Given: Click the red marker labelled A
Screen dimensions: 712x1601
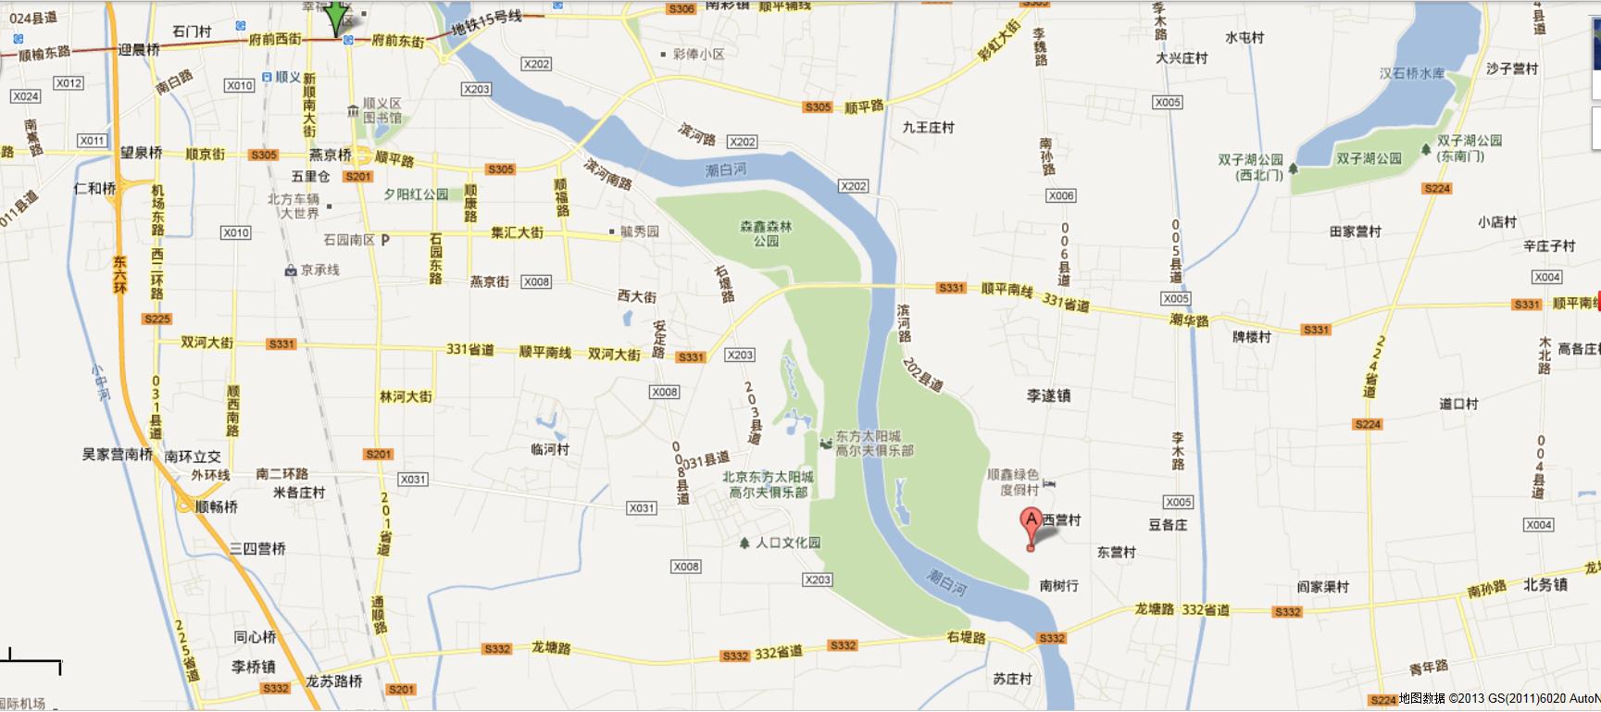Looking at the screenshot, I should coord(1031,524).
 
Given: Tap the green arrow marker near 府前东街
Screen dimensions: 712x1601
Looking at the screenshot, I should coord(335,17).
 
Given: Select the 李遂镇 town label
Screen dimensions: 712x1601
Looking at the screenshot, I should coord(1048,395).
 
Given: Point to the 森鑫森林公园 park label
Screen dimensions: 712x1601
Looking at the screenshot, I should coord(766,233).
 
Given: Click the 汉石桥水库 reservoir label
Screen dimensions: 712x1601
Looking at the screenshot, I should coord(1411,73).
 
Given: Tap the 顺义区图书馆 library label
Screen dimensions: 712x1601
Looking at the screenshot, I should coord(381,110).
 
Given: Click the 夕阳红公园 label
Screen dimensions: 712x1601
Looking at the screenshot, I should coord(416,194).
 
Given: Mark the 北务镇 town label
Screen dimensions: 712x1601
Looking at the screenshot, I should coord(1545,584).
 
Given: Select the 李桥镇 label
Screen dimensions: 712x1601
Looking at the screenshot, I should coord(253,667).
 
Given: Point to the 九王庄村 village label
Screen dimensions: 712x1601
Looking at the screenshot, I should coord(928,128).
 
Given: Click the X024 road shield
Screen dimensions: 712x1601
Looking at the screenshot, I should coord(25,96).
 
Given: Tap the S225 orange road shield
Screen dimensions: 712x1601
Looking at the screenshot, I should coord(157,319).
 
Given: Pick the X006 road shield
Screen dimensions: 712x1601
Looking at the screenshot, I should coord(1060,195).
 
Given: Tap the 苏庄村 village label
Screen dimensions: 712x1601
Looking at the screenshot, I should coord(1012,679).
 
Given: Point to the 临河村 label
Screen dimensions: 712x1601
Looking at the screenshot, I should coord(550,449).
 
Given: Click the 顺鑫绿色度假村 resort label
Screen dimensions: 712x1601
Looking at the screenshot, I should coord(1013,481).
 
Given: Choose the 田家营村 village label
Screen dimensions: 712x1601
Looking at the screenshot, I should coord(1355,231).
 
